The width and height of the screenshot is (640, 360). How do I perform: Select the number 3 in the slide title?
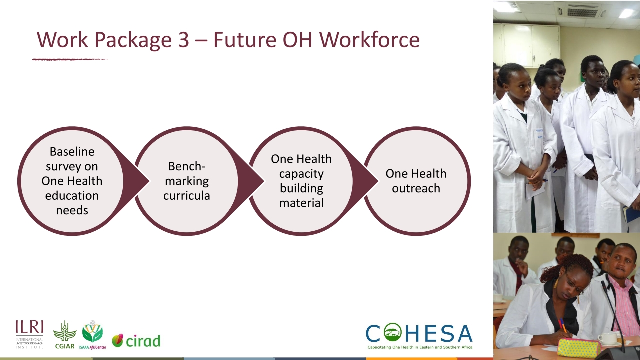click(x=183, y=40)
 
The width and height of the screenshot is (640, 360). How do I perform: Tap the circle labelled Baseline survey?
click(x=71, y=181)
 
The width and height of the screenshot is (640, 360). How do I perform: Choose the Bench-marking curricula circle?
click(x=186, y=181)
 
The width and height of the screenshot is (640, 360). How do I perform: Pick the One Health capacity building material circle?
click(x=301, y=181)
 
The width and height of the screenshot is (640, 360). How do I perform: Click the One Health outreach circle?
click(x=416, y=181)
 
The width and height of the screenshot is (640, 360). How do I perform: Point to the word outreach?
click(x=416, y=188)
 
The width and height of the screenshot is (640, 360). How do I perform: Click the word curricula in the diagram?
click(x=186, y=195)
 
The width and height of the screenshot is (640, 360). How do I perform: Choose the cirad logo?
click(x=136, y=341)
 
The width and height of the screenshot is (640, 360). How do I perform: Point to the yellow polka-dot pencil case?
click(x=578, y=347)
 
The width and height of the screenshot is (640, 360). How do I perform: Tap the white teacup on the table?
click(x=608, y=339)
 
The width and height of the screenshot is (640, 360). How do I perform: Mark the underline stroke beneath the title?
click(x=70, y=59)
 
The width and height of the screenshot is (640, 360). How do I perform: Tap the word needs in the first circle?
click(x=72, y=210)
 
